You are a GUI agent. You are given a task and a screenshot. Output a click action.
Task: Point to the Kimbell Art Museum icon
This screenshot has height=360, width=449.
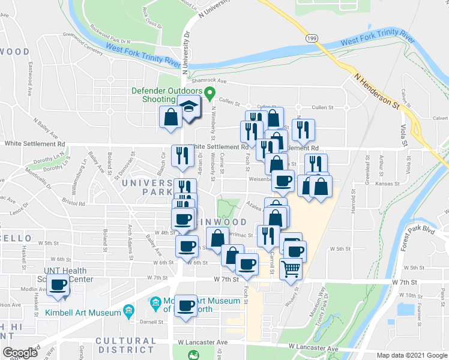coord(128,310)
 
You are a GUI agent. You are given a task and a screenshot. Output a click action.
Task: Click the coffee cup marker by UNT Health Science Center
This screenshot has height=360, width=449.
coord(59,286)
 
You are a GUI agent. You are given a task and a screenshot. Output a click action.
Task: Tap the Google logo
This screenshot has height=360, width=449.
coord(20,353)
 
